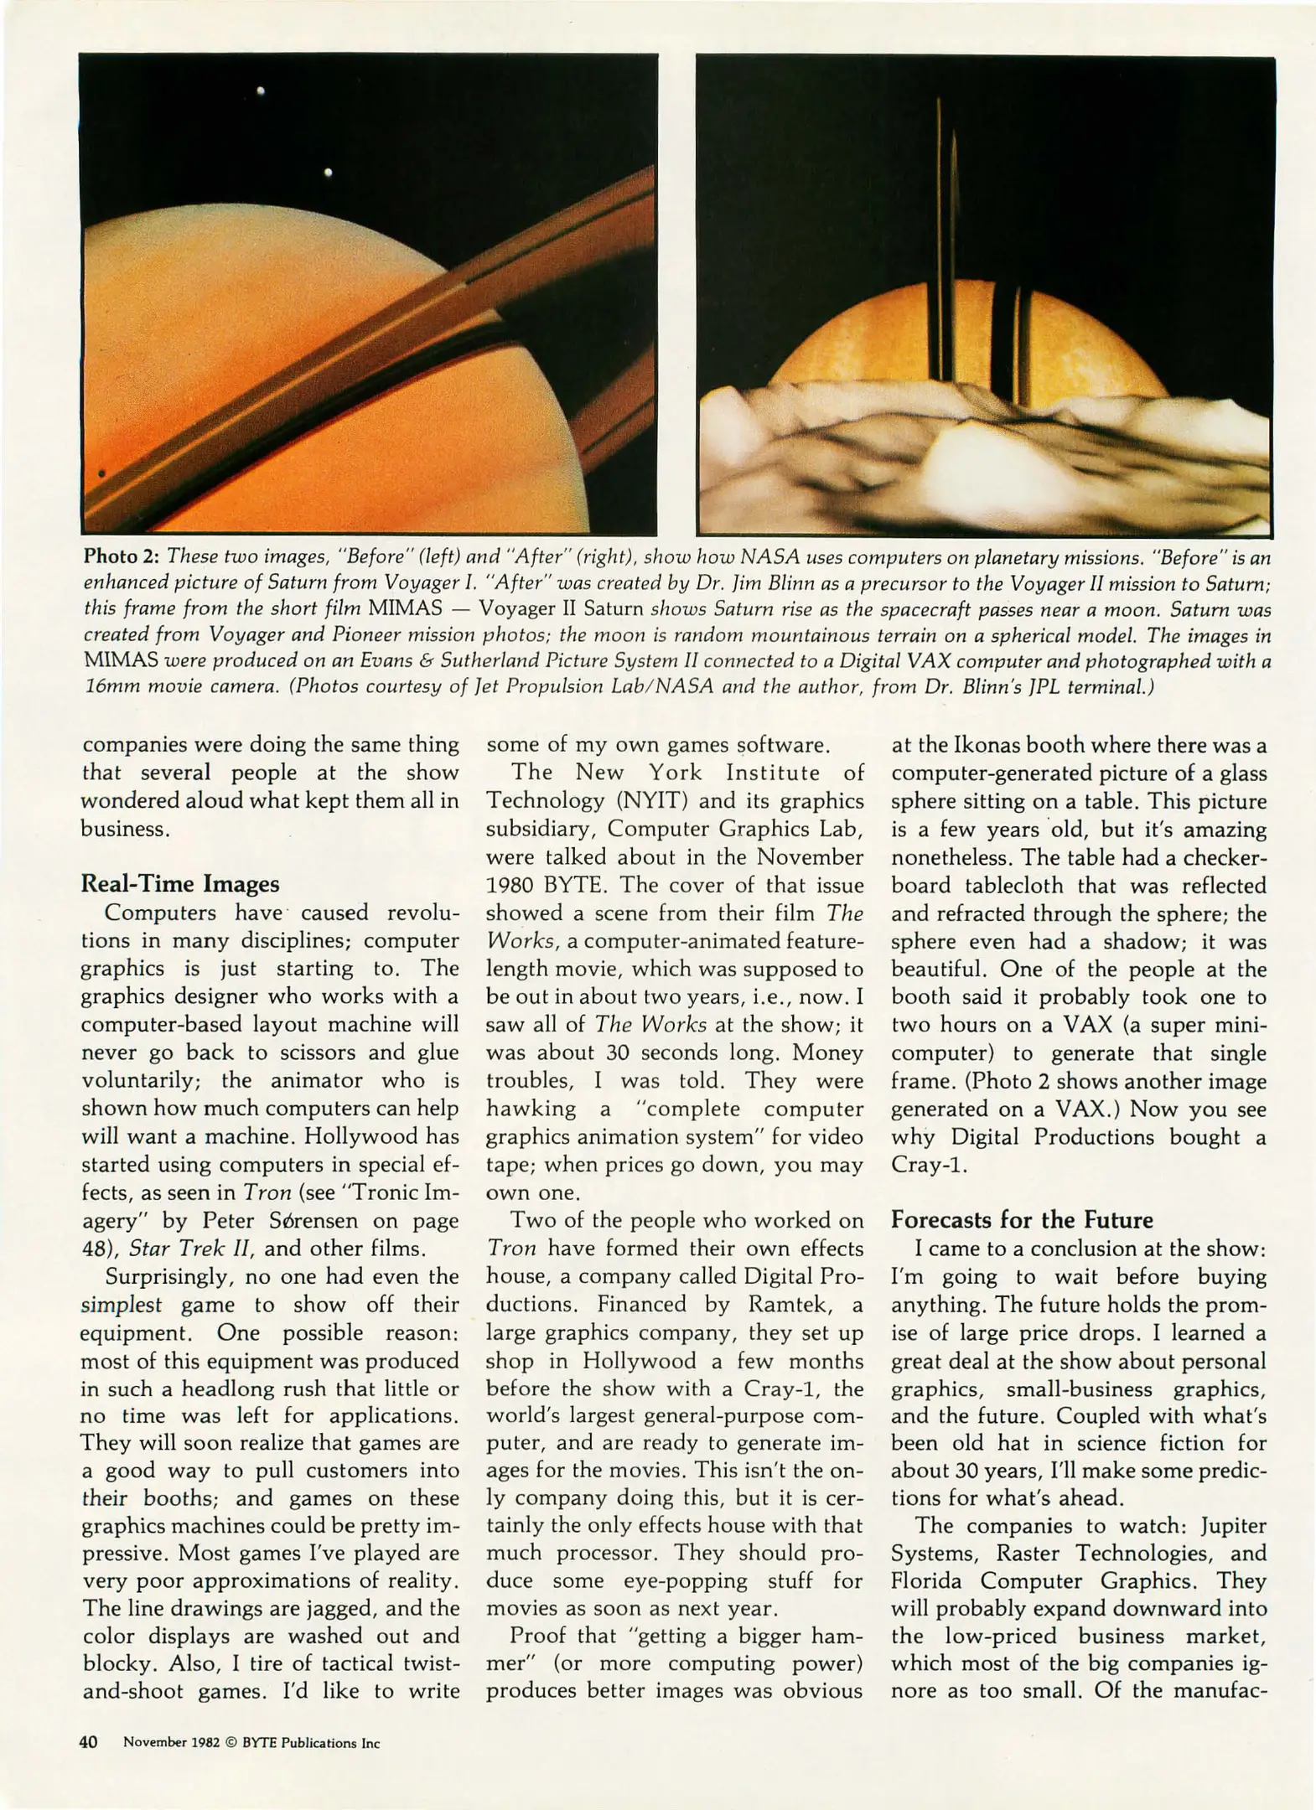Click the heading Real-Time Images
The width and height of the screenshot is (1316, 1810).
(x=179, y=884)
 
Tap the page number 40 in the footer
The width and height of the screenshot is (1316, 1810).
(x=89, y=1742)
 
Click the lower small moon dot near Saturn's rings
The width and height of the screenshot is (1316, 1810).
(x=328, y=172)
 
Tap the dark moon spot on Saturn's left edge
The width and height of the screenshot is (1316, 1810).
(x=101, y=473)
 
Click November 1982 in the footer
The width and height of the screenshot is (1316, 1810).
(x=172, y=1743)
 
